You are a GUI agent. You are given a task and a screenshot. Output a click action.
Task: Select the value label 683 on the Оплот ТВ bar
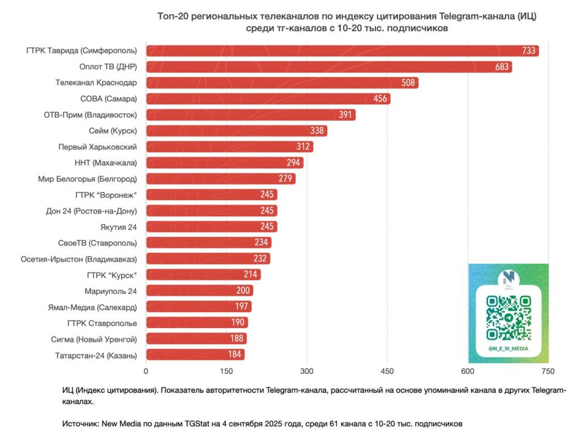point(502,67)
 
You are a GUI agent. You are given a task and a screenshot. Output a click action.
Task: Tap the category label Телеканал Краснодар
point(96,83)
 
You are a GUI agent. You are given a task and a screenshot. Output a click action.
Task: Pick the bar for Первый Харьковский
point(229,147)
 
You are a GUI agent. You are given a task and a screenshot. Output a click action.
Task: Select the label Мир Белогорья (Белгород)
point(87,179)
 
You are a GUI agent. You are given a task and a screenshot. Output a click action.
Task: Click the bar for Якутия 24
point(211,227)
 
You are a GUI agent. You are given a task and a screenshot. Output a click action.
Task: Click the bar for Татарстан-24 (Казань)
point(195,354)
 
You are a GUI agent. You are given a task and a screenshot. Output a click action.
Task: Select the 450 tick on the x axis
point(387,371)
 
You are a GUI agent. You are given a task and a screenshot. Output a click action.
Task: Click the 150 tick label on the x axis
point(226,371)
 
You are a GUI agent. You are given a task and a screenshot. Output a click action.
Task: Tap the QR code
point(508,318)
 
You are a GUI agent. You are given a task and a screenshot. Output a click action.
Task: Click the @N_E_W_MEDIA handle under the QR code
point(508,348)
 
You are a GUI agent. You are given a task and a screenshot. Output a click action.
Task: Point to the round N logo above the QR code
point(508,278)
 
